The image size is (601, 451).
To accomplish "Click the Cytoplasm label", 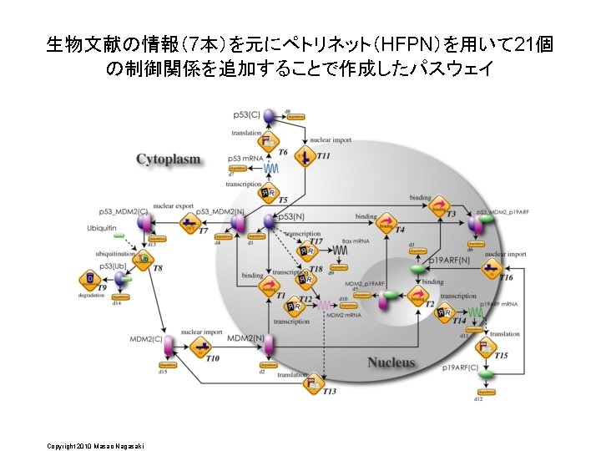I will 169,159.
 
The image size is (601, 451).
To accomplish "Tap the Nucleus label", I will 391,362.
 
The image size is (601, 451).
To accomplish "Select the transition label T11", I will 323,156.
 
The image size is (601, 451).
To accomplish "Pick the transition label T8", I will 158,268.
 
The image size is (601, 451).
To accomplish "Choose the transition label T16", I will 506,277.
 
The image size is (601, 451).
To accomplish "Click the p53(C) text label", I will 247,114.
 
